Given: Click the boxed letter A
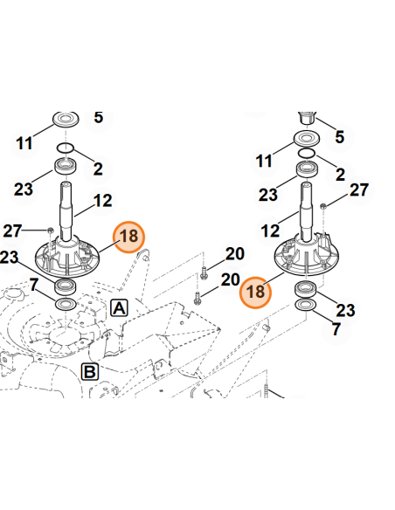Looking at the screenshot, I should [120, 307].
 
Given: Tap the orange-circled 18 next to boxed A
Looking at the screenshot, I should [128, 236].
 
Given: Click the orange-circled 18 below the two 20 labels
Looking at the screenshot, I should [255, 291].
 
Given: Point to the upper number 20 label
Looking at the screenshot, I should [234, 253].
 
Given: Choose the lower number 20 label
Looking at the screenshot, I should [230, 279].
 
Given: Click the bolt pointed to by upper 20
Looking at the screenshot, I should [204, 270].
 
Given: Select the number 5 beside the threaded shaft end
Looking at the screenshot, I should [340, 137].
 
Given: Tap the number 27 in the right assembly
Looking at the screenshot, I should [359, 190].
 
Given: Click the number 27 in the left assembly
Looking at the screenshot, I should [11, 231].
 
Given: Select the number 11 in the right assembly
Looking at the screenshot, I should [265, 161].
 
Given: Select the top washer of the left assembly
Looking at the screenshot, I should [66, 118].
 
